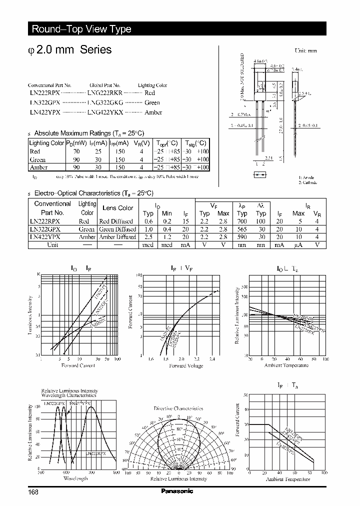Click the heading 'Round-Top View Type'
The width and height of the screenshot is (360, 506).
(81, 29)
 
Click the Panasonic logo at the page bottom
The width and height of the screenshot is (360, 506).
(177, 491)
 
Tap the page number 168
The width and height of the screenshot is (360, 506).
(33, 492)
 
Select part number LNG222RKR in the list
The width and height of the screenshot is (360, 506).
(104, 93)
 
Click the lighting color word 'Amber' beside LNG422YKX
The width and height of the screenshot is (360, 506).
(153, 112)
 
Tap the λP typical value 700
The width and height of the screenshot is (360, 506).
(242, 221)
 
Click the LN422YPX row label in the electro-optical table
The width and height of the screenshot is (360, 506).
(45, 237)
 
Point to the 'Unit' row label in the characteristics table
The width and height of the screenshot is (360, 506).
(52, 245)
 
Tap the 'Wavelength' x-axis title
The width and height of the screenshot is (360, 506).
(75, 478)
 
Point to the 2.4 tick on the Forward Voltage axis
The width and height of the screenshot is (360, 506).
(212, 359)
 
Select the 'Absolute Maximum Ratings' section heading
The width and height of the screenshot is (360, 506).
(88, 133)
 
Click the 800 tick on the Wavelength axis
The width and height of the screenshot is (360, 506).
(116, 472)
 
